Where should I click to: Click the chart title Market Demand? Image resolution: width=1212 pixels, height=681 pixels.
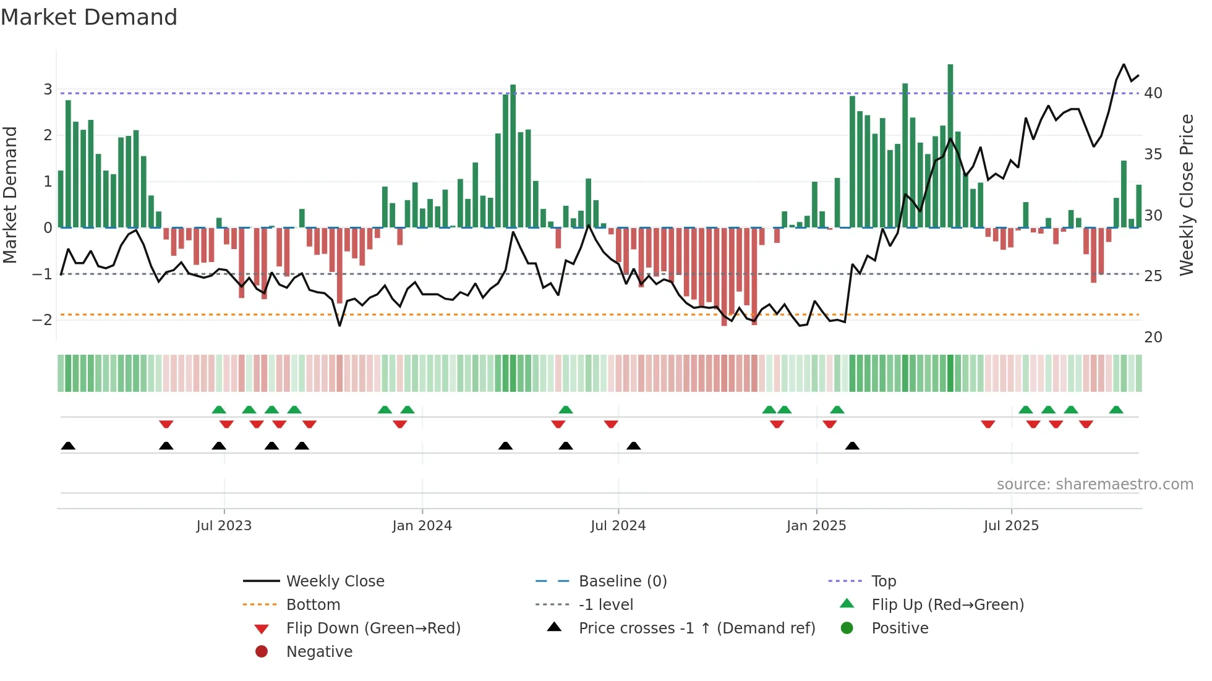[x=89, y=17]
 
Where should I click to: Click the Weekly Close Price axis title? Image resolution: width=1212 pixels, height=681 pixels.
[x=1186, y=195]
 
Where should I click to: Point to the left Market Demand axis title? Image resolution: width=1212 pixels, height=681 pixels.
[x=10, y=195]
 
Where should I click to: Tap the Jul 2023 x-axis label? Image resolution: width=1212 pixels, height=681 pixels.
[x=224, y=526]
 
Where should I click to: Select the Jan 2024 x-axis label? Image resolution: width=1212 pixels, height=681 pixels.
[x=422, y=526]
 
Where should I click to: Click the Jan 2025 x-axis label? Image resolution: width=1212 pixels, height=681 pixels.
[x=816, y=526]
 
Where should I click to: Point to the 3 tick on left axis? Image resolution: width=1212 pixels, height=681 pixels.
[x=48, y=90]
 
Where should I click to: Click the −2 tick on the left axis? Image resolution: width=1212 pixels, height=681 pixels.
[x=43, y=320]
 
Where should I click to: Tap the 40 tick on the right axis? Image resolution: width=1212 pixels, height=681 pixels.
[x=1153, y=93]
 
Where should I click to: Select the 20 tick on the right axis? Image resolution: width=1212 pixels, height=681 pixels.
[x=1153, y=337]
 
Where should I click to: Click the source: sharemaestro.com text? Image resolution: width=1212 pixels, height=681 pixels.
[x=1095, y=484]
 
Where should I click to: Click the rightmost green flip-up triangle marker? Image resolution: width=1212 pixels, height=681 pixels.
[x=1116, y=410]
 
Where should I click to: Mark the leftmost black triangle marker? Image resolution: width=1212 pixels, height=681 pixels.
[x=69, y=446]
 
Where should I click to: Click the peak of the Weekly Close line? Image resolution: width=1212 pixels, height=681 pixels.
[x=1124, y=64]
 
